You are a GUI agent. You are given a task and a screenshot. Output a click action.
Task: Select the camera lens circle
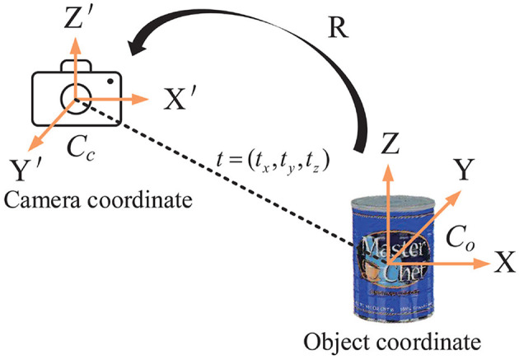(76, 101)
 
